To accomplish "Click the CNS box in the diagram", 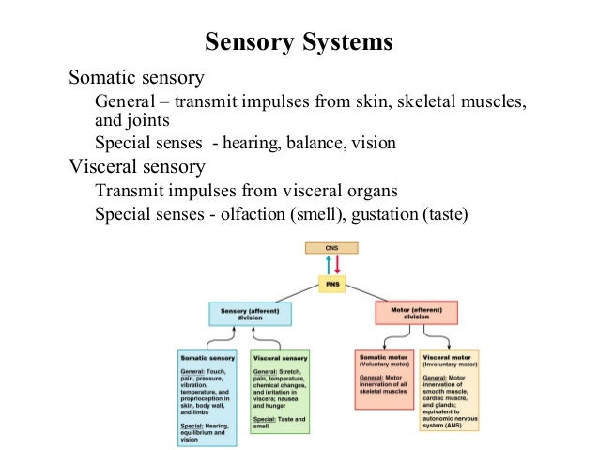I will tap(331, 248).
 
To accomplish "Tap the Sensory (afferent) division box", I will tap(249, 313).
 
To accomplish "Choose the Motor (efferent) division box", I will tap(415, 313).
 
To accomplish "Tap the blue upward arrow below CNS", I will tap(327, 264).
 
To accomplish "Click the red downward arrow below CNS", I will tap(336, 264).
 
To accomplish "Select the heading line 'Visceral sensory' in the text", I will tap(137, 167).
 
